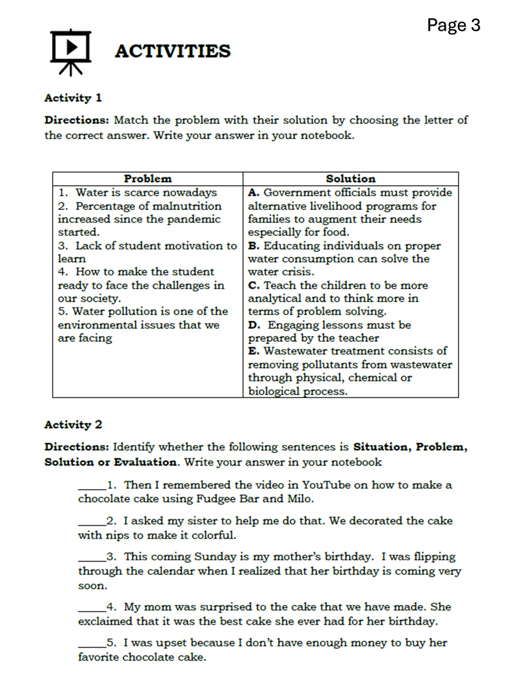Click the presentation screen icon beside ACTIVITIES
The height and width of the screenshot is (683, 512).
(70, 52)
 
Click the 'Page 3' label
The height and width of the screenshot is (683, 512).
(453, 25)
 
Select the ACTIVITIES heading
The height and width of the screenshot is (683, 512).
(172, 51)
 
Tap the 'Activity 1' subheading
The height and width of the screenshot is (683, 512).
(73, 98)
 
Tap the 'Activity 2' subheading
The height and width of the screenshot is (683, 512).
(73, 424)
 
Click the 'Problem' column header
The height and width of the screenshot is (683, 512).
(148, 178)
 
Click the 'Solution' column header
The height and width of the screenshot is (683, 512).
(350, 178)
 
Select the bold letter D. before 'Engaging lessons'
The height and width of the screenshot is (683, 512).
(254, 325)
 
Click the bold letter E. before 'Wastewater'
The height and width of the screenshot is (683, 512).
(254, 351)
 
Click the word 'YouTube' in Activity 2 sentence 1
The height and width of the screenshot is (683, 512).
(326, 485)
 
